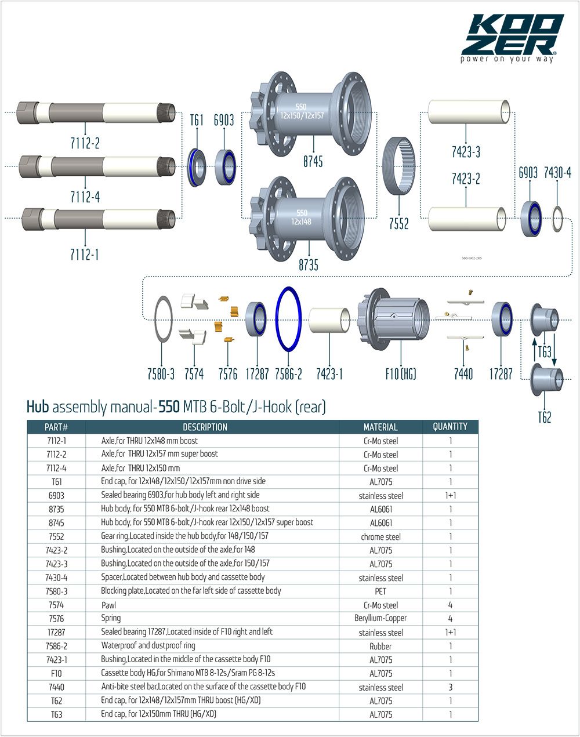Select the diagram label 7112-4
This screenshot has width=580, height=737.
tap(85, 197)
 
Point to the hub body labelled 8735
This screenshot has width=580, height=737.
tap(307, 215)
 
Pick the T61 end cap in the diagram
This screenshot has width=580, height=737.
tap(198, 168)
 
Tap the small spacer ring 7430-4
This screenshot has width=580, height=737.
tap(557, 219)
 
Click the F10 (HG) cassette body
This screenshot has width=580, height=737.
tap(397, 321)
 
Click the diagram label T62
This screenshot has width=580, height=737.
tap(544, 417)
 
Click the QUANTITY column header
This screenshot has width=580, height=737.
tap(450, 427)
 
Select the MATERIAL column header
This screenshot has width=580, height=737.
tap(380, 427)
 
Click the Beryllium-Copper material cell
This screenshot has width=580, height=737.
tap(380, 619)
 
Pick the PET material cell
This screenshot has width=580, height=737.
tap(380, 591)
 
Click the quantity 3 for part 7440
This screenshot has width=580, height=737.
tap(450, 687)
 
